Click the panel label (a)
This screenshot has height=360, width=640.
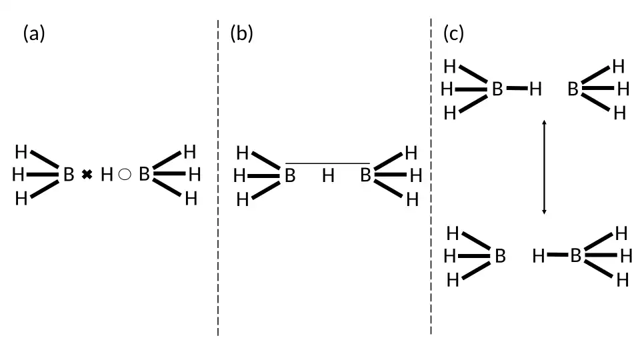coord(34,33)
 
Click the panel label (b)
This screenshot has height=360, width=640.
coord(241,33)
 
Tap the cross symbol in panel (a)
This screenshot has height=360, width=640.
coord(87,175)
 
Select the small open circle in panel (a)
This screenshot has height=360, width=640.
coord(124,175)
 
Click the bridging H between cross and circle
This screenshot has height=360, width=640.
coord(107,175)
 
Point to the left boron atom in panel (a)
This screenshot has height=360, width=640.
coord(69,176)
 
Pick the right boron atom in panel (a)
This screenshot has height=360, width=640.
coord(144,175)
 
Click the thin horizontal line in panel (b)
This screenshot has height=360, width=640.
coord(327,163)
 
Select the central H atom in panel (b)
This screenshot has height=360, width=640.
coord(328,177)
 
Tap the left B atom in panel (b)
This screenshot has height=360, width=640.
coord(290,177)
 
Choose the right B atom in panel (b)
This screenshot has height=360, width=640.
coord(365,177)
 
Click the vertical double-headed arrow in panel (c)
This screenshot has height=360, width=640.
coord(545,167)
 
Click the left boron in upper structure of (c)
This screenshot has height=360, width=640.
coord(497,89)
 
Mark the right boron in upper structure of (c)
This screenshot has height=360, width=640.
coord(573,89)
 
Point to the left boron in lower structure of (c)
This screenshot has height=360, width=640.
coord(500,256)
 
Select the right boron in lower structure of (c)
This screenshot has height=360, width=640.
coord(576,255)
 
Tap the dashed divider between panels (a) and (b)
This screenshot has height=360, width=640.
coord(218,180)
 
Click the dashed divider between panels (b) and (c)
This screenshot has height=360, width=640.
coord(431,180)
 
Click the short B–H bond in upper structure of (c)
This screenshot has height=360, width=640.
coord(517,88)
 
